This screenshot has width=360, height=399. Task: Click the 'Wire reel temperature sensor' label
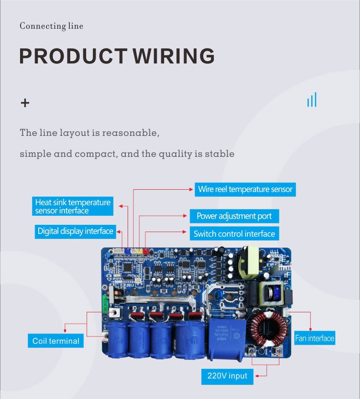pos(245,189)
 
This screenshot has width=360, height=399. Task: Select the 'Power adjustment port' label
pos(234,216)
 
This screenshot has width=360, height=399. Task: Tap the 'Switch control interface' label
pos(234,234)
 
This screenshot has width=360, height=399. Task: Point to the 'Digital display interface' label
pos(75,231)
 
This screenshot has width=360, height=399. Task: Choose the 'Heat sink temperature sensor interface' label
pos(73,206)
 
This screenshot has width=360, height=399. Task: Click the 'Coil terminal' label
pos(56,341)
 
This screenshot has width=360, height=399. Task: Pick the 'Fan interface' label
pos(314,338)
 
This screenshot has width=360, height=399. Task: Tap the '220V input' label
pos(227,376)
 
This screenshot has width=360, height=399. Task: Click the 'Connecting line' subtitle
pos(51,26)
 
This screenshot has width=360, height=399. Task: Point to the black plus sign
pos(25,103)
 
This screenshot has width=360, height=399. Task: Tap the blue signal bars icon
pos(312,100)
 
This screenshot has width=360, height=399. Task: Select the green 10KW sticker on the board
pos(106,305)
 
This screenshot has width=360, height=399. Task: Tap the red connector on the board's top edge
pos(146,250)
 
